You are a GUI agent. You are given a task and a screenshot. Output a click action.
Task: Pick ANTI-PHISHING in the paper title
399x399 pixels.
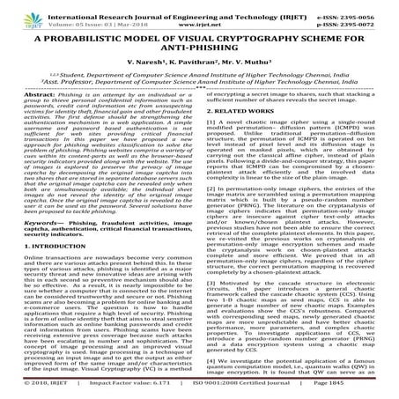tap(200, 52)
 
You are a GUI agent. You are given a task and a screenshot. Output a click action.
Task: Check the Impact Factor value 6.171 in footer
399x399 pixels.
tap(137, 391)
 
